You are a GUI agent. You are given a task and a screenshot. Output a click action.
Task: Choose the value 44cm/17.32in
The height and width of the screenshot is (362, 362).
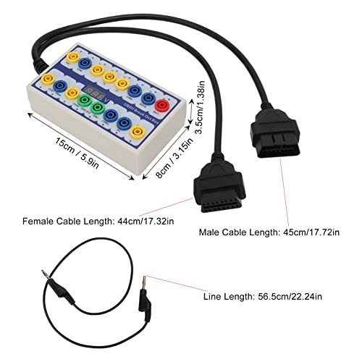pyautogui.click(x=143, y=220)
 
